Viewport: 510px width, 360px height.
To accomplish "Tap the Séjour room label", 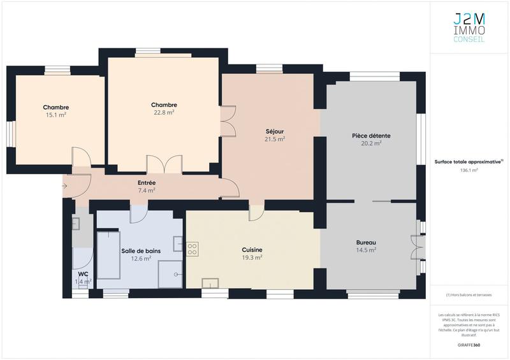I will [275, 131].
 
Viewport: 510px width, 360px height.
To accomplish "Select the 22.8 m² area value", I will [164, 112].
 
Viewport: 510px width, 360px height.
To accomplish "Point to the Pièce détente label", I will [371, 136].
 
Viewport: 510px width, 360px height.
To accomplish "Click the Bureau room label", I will [366, 243].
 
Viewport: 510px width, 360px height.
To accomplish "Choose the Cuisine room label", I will [252, 250].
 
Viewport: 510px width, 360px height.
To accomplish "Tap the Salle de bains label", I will [141, 251].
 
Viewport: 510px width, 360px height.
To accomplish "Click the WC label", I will [83, 274].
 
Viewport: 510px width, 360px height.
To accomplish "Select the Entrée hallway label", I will [147, 183].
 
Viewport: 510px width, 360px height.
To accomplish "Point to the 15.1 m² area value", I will [56, 115].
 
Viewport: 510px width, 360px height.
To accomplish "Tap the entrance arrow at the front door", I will [66, 186].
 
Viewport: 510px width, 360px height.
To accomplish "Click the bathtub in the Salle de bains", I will [108, 255].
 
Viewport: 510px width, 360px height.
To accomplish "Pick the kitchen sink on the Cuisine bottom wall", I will [210, 282].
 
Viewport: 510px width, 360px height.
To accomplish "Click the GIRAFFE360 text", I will [469, 344].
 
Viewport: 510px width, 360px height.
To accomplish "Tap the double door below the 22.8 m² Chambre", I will [164, 164].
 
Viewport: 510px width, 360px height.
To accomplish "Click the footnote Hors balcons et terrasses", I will [469, 295].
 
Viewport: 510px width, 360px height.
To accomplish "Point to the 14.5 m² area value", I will [366, 250].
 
